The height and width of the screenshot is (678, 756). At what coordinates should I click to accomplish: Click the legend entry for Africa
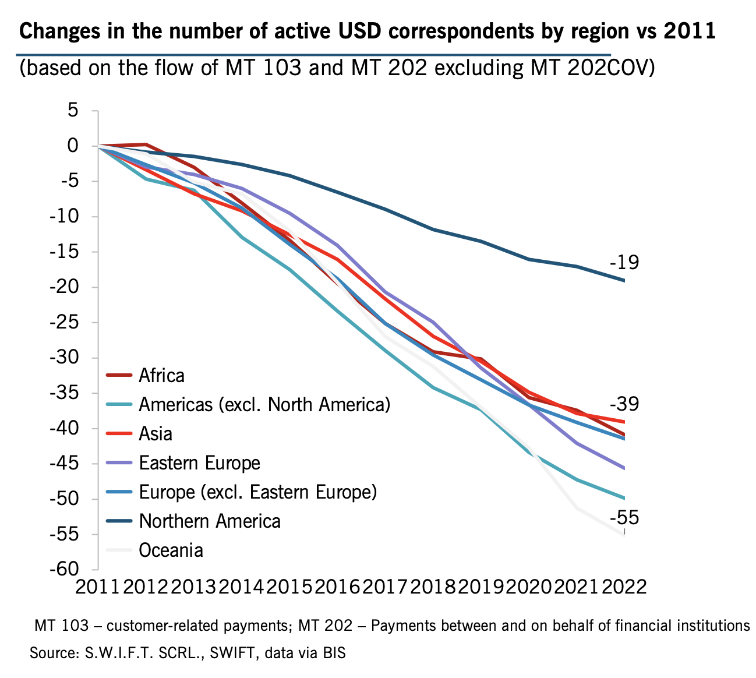tap(161, 376)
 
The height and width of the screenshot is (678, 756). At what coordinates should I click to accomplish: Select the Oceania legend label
tap(171, 550)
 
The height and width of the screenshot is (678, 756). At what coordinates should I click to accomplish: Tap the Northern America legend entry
tap(210, 521)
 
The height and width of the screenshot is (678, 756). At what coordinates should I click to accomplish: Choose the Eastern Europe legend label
tap(199, 463)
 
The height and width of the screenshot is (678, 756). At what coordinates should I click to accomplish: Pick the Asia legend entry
tap(156, 434)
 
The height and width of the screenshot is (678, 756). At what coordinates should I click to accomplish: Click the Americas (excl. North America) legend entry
tap(264, 405)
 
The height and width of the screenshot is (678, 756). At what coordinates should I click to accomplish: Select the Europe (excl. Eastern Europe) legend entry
tap(258, 492)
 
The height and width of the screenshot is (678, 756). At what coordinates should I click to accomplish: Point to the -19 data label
tap(624, 263)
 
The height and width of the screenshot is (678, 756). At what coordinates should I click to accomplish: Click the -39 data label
tap(624, 404)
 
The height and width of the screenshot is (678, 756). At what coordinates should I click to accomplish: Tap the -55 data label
tap(624, 518)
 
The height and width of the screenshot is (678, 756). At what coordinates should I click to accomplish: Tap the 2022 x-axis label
tap(624, 586)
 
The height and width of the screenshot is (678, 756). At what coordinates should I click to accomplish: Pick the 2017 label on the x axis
tap(385, 586)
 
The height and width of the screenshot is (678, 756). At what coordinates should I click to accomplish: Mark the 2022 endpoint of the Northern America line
tap(624, 281)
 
